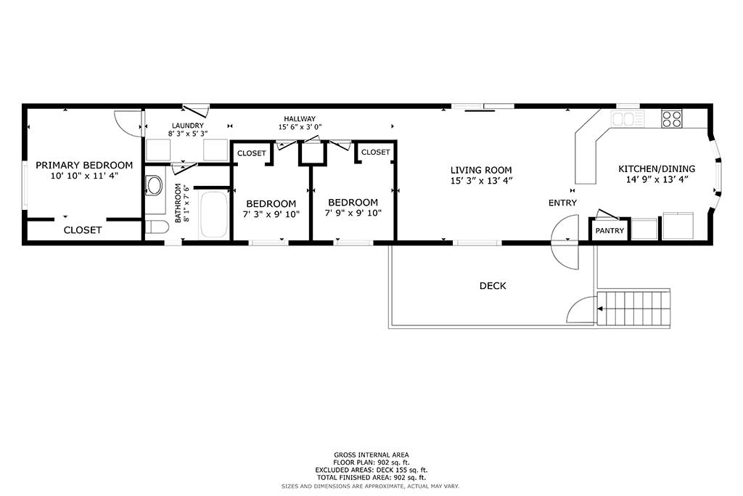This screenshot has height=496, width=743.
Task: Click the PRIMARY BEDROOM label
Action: coord(84,166)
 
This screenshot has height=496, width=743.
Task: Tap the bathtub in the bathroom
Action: coord(214,215)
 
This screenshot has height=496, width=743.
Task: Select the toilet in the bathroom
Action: coord(157,227)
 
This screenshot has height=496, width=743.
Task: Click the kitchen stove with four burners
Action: coord(671,118)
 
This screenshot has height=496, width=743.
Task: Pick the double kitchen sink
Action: coord(628,118)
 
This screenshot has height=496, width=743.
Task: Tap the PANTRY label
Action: coord(609,231)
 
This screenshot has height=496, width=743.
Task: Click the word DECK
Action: coord(493,286)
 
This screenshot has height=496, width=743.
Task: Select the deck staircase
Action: coord(633,308)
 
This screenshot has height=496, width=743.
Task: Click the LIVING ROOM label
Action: coord(481,170)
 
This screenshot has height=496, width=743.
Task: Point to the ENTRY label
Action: coord(562,203)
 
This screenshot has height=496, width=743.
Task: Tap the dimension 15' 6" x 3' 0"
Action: coord(300,127)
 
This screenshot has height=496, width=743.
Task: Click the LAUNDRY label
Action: coord(188,126)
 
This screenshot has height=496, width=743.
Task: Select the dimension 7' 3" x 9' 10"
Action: coord(271,214)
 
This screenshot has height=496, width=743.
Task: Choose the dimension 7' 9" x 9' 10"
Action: coord(353,214)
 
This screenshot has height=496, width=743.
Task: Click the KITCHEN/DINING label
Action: coord(657,168)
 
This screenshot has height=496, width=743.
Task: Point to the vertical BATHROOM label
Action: coord(178,203)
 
